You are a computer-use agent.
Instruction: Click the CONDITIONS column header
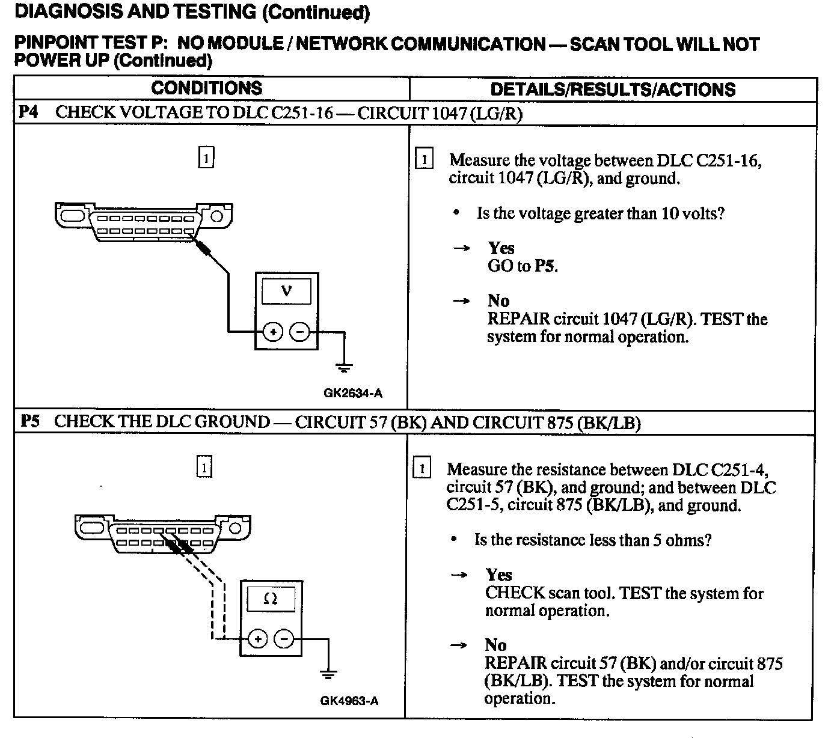click(x=206, y=88)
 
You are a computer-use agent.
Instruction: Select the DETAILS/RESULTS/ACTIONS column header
click(x=613, y=90)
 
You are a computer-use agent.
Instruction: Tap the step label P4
click(x=29, y=112)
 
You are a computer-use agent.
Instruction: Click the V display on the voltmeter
click(x=287, y=291)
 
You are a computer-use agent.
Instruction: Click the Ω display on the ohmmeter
click(x=271, y=599)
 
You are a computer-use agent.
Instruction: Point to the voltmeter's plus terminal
click(x=273, y=332)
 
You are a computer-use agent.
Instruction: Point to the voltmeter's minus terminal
click(x=300, y=332)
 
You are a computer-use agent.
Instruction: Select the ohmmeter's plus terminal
click(x=257, y=639)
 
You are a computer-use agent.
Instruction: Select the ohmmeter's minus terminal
click(x=284, y=639)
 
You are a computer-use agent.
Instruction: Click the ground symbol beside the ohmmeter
click(x=328, y=674)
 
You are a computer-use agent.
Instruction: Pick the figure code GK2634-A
click(x=353, y=394)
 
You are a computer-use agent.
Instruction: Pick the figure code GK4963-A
click(x=349, y=701)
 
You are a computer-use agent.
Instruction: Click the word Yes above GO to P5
click(x=501, y=248)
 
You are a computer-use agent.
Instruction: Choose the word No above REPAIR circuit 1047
click(x=498, y=301)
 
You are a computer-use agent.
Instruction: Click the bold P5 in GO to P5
click(x=545, y=266)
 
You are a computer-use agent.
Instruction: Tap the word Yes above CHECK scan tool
click(x=498, y=575)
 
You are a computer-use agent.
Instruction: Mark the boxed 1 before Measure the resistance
click(x=423, y=469)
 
